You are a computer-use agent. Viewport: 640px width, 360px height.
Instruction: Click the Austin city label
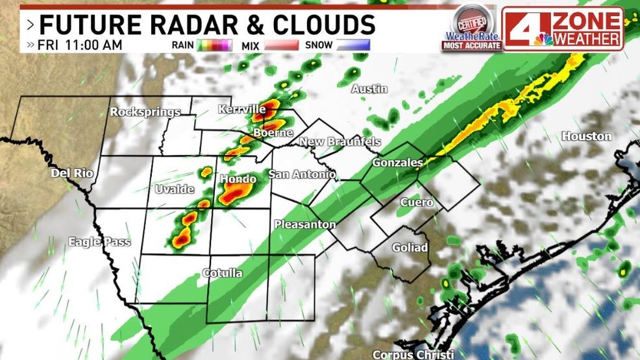click(x=369, y=89)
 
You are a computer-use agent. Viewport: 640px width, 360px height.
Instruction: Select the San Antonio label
click(x=302, y=174)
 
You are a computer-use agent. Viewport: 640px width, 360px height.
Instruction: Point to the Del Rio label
click(x=73, y=174)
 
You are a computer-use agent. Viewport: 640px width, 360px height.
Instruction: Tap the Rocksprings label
click(x=145, y=112)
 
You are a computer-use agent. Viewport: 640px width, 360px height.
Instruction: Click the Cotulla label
click(x=222, y=273)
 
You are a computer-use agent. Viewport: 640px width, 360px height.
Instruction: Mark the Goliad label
click(x=410, y=248)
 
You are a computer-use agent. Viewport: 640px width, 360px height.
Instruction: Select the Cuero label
click(x=416, y=202)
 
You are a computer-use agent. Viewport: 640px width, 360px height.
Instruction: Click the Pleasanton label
click(x=304, y=224)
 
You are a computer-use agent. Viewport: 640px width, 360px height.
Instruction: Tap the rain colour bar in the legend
click(x=215, y=45)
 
